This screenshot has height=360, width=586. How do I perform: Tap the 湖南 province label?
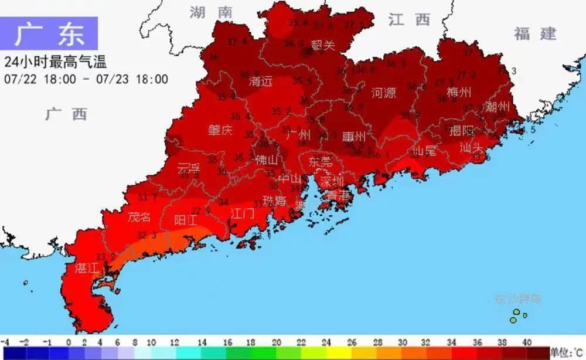pos(210,12)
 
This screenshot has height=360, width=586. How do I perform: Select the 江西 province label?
pos(409,19)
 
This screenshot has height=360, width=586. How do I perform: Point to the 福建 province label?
pos(534,33)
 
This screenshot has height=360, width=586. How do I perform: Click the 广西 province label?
pos(66,114)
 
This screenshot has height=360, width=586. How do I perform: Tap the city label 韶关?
pos(323,45)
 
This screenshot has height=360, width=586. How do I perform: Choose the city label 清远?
pos(261,81)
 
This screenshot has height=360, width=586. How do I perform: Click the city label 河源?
pos(384,92)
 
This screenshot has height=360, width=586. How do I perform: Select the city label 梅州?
pos(459,92)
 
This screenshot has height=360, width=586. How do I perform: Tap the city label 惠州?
pos(354,137)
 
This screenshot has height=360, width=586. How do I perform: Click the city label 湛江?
pos(87,269)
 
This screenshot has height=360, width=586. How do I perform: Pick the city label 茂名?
pos(139,217)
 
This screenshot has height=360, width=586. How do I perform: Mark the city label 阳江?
pos(186,220)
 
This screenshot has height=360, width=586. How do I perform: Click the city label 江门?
pos(242,212)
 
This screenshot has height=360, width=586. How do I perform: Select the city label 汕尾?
pos(424,151)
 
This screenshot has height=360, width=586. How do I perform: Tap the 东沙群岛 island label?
pos(517,300)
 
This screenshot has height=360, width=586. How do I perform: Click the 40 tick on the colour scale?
pos(527,342)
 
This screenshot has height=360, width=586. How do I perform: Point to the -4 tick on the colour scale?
pos(5,342)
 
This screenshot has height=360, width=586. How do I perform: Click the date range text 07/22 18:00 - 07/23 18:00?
pos(86,79)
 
